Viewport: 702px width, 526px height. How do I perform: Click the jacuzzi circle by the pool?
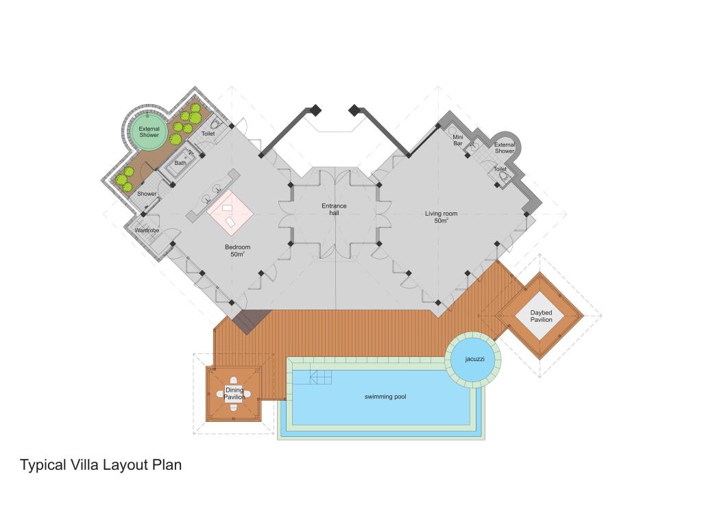[473, 360]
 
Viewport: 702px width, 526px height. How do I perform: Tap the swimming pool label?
[385, 397]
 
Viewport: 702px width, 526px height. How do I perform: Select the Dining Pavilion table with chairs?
[234, 394]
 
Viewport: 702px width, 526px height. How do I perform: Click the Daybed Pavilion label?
[541, 316]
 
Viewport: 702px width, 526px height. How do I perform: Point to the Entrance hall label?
[334, 210]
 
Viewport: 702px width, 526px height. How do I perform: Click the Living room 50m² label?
[441, 217]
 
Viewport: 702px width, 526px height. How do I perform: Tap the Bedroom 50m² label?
[237, 251]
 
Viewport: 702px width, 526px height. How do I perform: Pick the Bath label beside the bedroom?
[180, 163]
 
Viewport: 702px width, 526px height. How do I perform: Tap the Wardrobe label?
[147, 230]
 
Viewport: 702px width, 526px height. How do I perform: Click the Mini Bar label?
[457, 140]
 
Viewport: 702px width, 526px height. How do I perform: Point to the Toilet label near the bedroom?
[208, 134]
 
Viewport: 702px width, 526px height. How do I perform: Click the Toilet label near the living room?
[500, 169]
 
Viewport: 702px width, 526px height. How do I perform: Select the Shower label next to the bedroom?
[147, 194]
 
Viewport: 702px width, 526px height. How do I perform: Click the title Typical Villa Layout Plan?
[101, 465]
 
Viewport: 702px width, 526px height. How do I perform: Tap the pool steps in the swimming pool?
[320, 377]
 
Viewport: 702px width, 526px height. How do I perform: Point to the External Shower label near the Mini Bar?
[505, 148]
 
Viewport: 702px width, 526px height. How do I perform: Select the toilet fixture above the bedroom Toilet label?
[216, 123]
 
